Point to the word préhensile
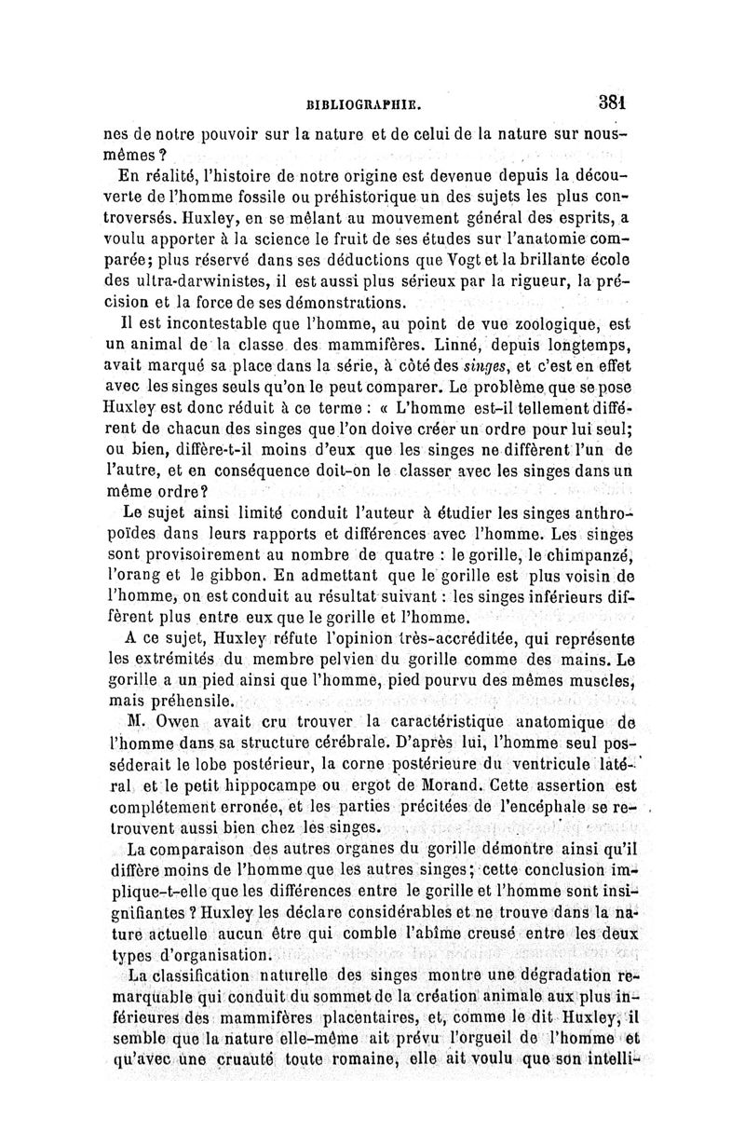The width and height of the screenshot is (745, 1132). click(182, 702)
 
